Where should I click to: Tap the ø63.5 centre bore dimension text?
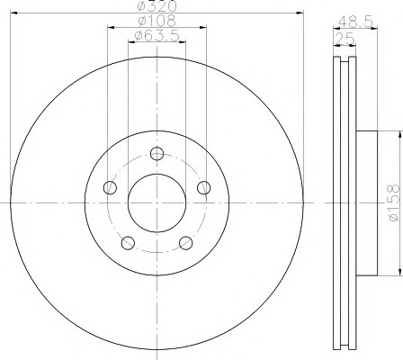click(x=158, y=36)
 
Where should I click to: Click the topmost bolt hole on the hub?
click(x=158, y=153)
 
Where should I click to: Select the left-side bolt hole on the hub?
click(x=111, y=187)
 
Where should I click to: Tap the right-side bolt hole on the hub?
click(x=206, y=187)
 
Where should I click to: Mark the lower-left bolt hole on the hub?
click(x=129, y=242)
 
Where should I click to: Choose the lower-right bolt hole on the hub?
click(x=187, y=242)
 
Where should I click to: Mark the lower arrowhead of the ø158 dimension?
click(x=393, y=271)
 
